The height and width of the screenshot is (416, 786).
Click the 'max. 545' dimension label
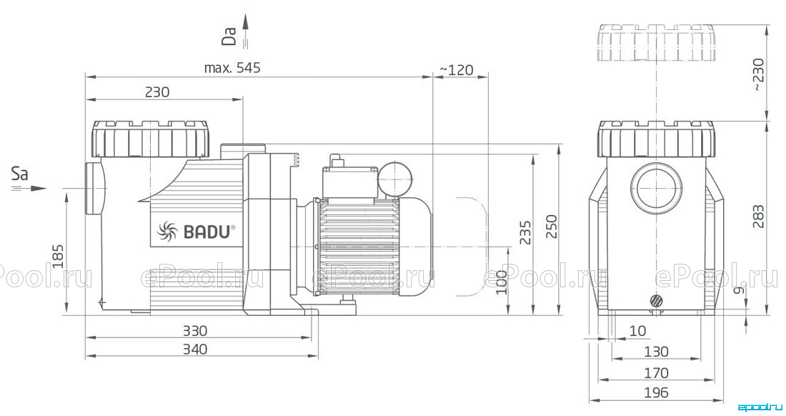click(x=232, y=68)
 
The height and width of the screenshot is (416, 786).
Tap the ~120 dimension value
click(x=456, y=69)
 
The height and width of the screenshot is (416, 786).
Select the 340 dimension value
click(x=194, y=349)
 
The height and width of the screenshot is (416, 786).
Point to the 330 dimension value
click(x=194, y=331)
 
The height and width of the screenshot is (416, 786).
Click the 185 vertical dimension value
click(x=58, y=256)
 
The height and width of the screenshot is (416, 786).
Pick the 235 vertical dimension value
click(x=525, y=232)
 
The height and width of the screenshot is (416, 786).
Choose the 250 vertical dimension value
click(x=551, y=227)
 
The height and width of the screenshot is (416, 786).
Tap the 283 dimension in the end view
click(x=758, y=217)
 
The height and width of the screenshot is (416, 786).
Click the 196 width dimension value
click(x=656, y=392)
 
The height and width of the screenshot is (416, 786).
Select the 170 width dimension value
click(x=656, y=373)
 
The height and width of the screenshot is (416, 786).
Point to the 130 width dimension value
click(x=656, y=352)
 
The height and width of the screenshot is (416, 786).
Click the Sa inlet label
click(x=20, y=174)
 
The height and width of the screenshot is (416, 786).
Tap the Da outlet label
click(x=229, y=36)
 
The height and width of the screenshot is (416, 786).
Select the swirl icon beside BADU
click(x=167, y=231)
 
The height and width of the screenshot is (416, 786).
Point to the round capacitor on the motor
click(x=396, y=177)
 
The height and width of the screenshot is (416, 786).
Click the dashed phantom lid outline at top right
click(x=656, y=42)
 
